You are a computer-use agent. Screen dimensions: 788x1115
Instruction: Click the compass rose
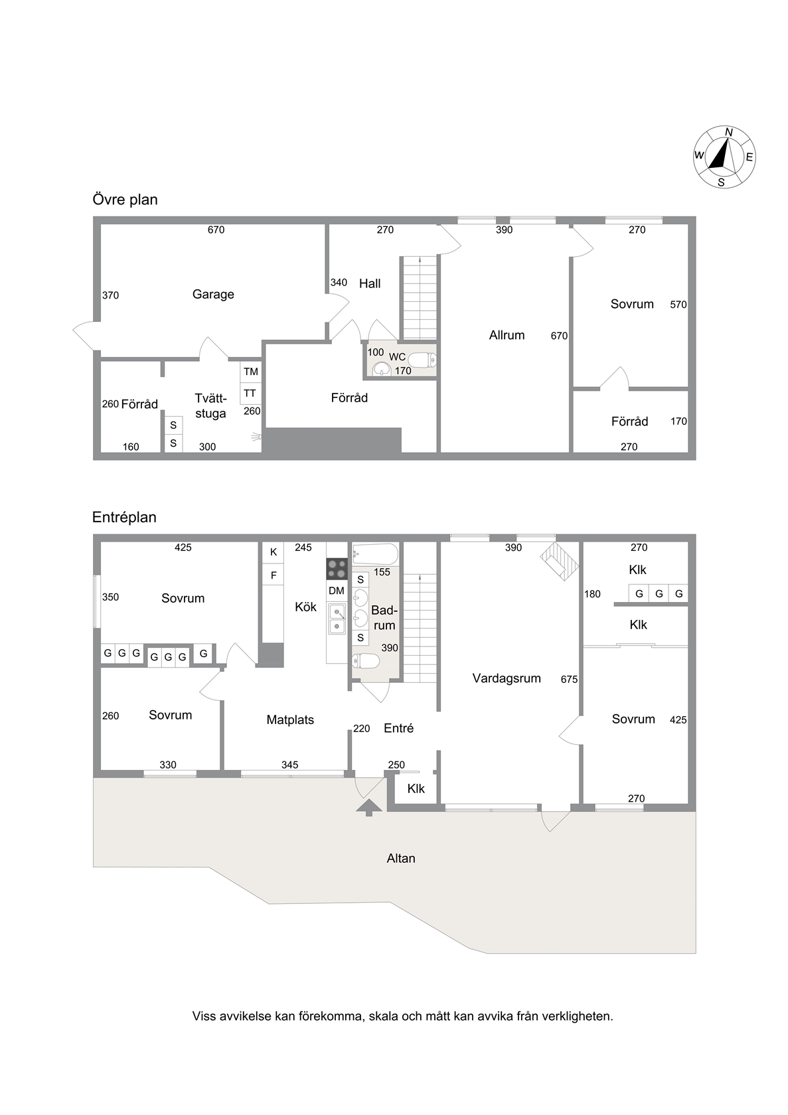[724, 157]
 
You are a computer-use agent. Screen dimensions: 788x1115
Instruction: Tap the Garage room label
[213, 295]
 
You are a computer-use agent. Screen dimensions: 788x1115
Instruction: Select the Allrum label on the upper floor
[507, 335]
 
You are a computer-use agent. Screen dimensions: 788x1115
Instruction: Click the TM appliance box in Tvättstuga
[251, 372]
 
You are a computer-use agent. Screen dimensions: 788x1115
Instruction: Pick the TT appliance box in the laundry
[250, 393]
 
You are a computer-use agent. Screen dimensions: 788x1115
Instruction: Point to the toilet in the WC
[422, 360]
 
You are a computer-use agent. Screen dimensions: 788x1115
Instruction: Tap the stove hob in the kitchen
[337, 569]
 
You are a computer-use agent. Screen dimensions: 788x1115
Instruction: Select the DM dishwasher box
[337, 591]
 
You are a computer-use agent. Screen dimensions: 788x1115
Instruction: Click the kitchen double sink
[337, 619]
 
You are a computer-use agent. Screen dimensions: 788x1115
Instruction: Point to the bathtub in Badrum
[375, 554]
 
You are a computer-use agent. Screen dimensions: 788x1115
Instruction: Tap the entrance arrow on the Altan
[369, 807]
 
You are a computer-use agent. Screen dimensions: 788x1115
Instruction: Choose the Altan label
[401, 858]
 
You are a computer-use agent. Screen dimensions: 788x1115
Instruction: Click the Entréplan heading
[124, 518]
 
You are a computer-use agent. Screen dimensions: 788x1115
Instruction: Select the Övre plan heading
[125, 200]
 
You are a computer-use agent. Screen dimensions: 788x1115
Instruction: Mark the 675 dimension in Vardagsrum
[569, 680]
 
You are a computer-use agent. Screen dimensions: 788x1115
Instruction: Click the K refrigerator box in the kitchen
[274, 552]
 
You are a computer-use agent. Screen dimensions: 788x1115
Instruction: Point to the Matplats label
[290, 719]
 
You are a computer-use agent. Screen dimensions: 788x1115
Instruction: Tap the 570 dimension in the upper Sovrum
[678, 305]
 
